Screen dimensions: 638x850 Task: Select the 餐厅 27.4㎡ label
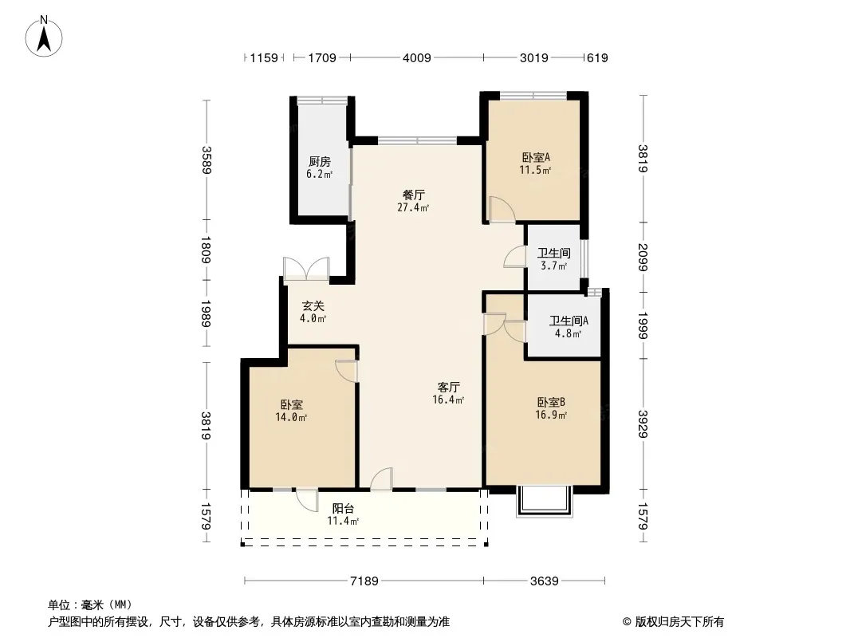[412, 200]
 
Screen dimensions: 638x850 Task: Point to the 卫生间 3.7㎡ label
[553, 259]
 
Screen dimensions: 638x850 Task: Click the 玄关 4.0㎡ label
[313, 311]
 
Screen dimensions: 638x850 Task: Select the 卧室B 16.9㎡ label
[551, 408]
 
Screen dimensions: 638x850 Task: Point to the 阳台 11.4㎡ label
[343, 514]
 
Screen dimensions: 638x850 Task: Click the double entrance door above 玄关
[306, 268]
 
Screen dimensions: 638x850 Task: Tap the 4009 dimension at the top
[416, 57]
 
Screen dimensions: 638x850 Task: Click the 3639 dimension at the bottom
[545, 581]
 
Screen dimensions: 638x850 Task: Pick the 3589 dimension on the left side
[207, 159]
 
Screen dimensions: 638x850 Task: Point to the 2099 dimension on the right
[643, 257]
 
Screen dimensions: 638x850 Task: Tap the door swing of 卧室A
[502, 209]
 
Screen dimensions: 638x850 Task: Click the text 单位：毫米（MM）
[89, 605]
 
